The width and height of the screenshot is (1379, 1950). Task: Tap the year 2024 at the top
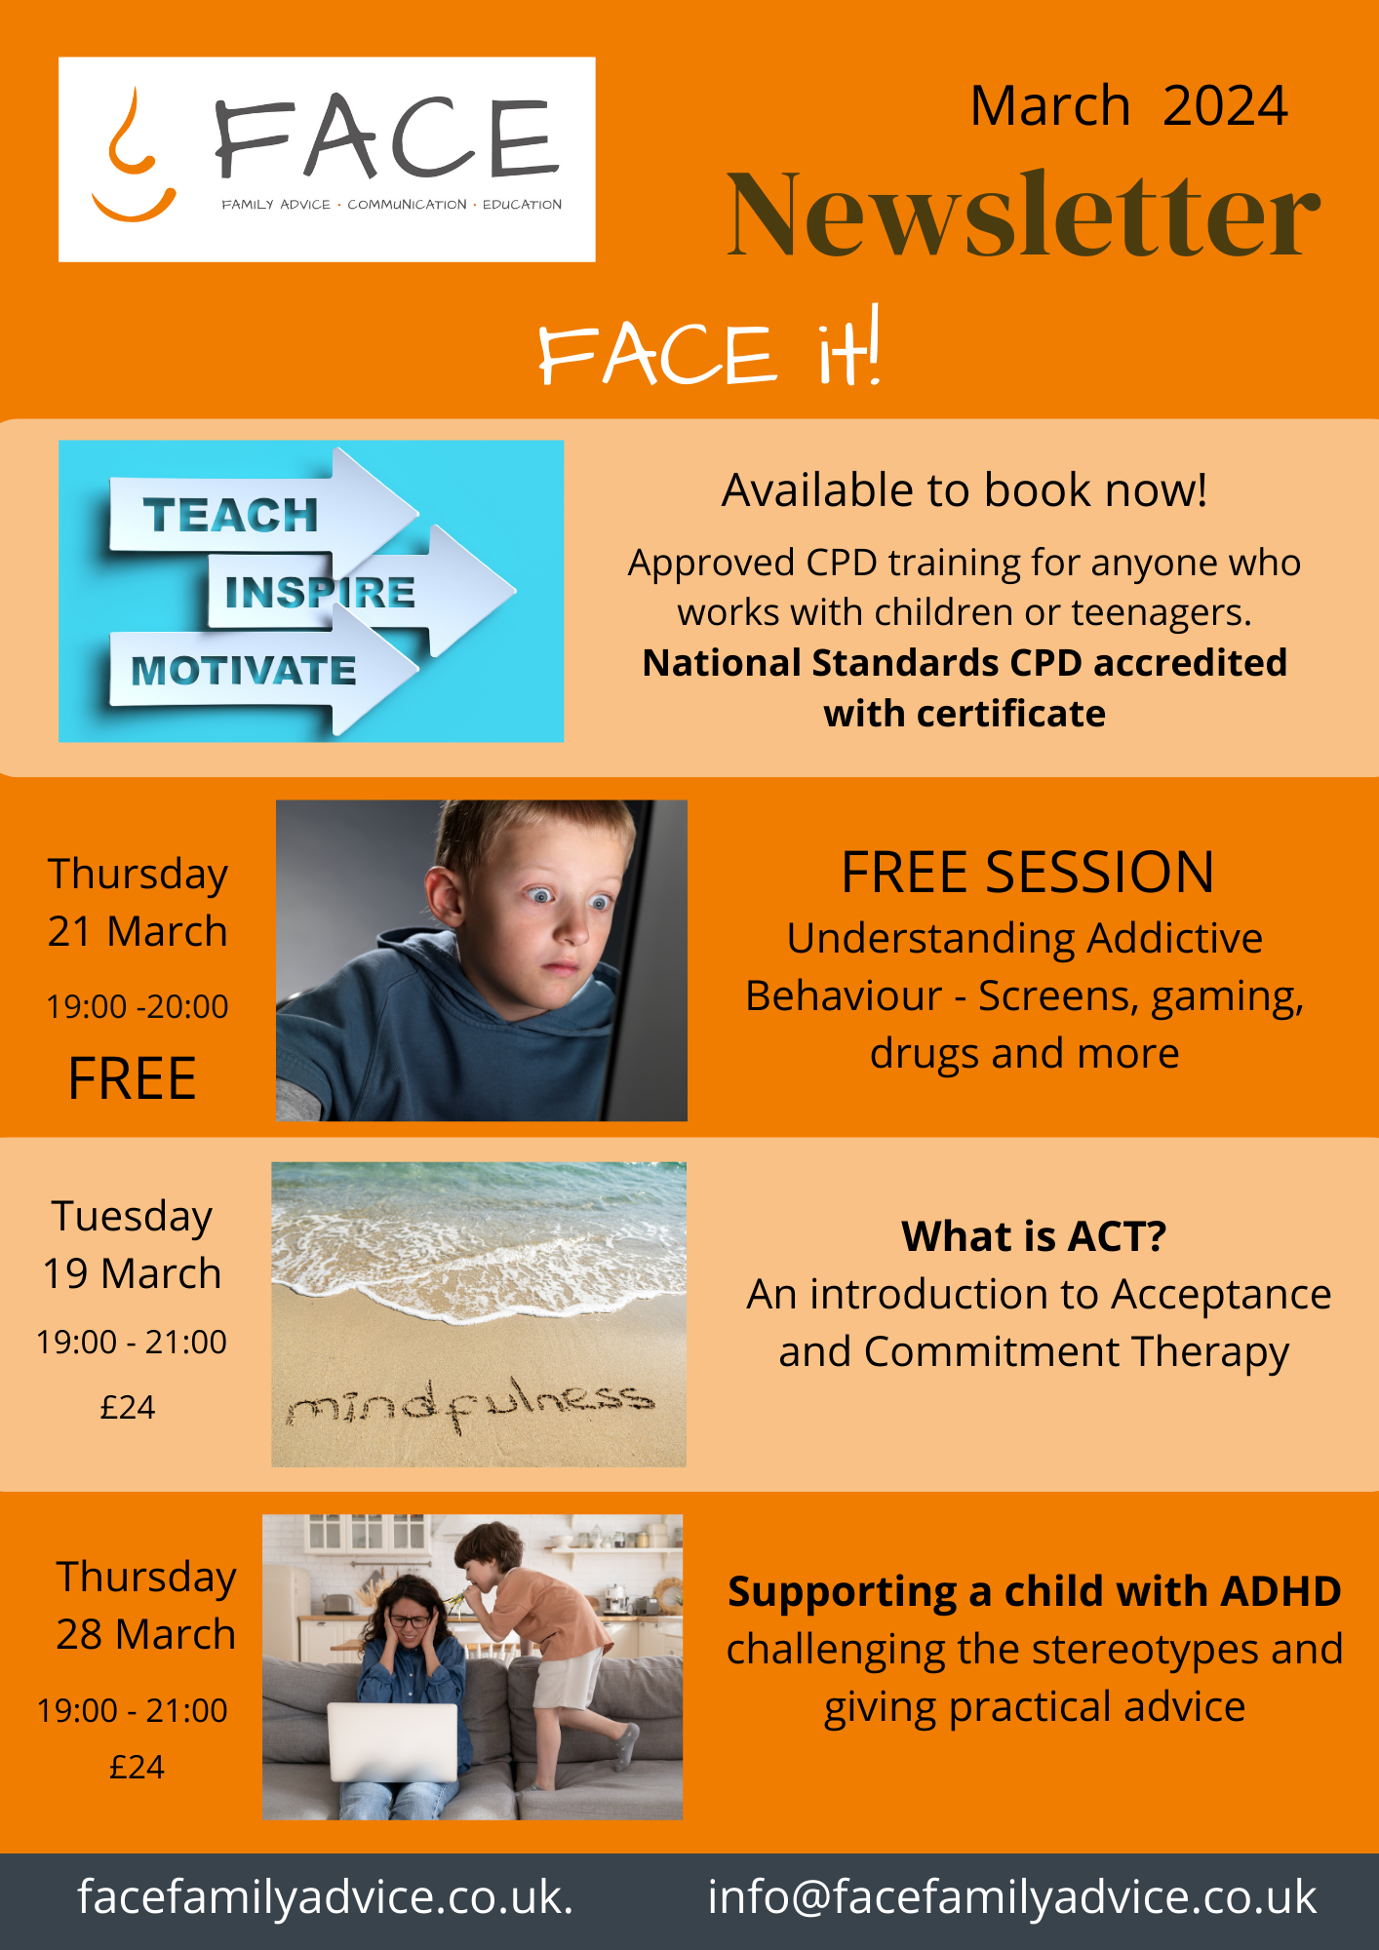click(1225, 106)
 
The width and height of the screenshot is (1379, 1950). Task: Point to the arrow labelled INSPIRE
click(361, 591)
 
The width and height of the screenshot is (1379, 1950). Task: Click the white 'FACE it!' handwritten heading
click(709, 349)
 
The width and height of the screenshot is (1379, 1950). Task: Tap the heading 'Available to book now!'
click(965, 490)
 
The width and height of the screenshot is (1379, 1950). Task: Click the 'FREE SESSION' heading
click(1028, 872)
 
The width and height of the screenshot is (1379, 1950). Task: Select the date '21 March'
click(138, 932)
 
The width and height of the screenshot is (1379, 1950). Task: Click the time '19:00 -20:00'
click(138, 1006)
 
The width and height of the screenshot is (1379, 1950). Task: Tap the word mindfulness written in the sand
click(470, 1402)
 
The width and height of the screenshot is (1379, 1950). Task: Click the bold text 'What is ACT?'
click(1034, 1236)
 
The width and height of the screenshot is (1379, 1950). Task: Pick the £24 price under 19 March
click(128, 1407)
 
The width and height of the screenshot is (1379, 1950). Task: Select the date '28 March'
click(146, 1634)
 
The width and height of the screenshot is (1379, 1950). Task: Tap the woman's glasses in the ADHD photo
click(411, 1621)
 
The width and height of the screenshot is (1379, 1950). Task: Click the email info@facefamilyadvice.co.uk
click(1012, 1897)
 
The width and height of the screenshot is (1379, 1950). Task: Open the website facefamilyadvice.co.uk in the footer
click(326, 1897)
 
